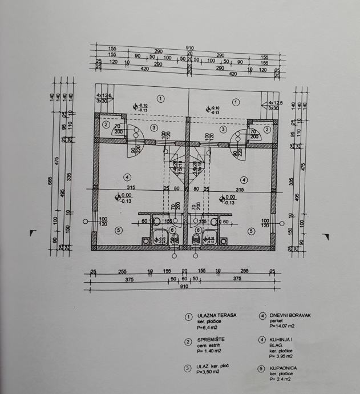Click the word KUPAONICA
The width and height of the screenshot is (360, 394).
click(x=284, y=369)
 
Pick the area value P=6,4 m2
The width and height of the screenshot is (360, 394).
click(x=208, y=328)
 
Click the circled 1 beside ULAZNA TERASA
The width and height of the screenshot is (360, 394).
click(x=188, y=317)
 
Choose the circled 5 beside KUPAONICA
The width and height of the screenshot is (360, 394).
click(x=262, y=369)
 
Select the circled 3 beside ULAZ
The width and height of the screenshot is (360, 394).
click(x=188, y=368)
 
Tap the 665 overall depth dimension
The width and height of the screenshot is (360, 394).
click(x=50, y=181)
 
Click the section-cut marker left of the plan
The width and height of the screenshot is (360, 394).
click(x=33, y=233)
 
